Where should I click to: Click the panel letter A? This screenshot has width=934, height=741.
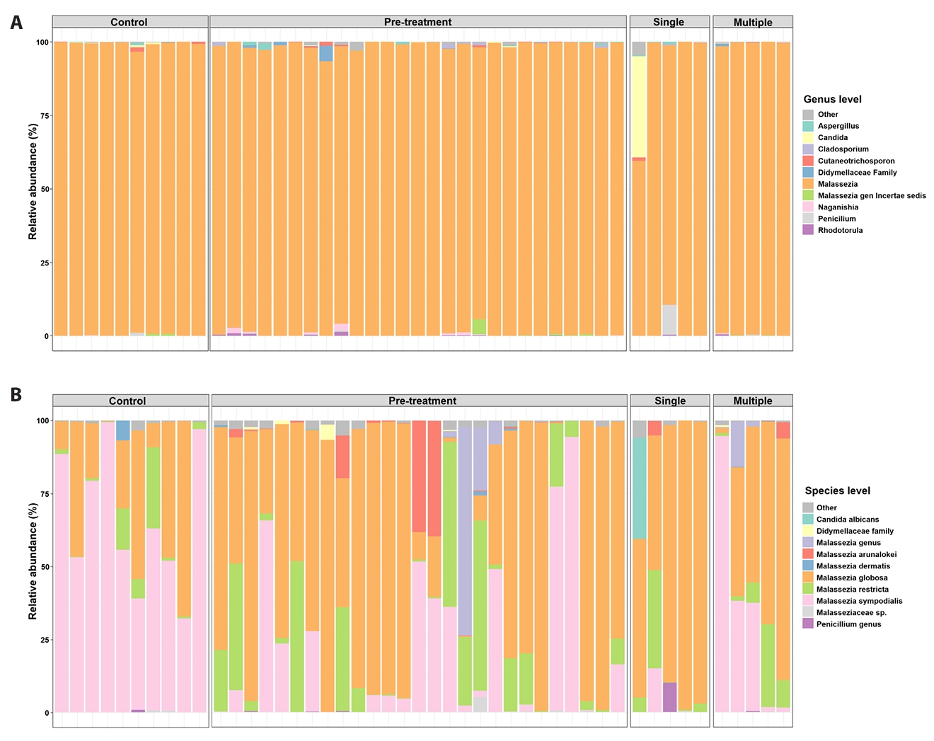point(16,23)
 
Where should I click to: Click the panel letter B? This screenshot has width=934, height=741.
point(16,394)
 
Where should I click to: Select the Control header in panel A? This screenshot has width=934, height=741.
point(129,22)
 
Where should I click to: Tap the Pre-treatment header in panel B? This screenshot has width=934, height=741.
point(422,401)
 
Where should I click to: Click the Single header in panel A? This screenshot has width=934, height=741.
point(669,22)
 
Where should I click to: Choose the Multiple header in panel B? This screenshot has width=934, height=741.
point(753,401)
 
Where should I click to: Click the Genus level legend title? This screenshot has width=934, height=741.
point(832,99)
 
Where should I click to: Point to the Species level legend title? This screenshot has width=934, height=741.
point(837,490)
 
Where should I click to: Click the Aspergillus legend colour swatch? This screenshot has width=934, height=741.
point(808,126)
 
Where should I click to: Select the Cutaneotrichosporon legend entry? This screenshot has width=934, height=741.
point(856,161)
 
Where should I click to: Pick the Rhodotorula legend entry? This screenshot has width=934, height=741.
point(840,230)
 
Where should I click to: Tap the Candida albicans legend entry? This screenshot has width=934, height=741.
point(847,519)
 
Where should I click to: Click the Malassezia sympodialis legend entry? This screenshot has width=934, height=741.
point(859,601)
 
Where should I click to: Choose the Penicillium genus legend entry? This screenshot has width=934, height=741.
point(848,624)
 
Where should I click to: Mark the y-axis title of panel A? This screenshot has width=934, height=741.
point(33,182)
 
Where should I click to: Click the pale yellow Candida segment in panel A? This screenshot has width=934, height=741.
point(639,106)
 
